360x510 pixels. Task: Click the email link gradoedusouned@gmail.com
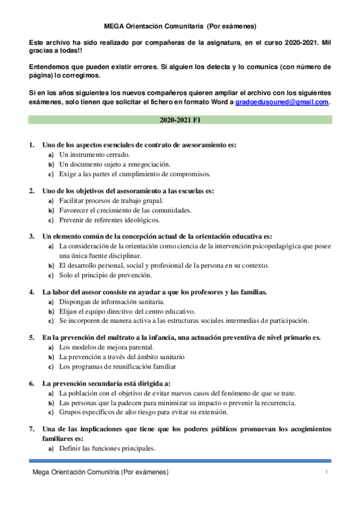281,102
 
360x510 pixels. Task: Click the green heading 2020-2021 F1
180,120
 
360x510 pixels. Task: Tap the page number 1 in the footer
326,472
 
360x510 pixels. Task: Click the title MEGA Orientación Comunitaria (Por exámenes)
180,26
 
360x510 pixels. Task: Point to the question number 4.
31,292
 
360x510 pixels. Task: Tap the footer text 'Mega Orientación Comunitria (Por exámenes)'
100,472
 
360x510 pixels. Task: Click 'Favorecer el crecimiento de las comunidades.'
125,210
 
